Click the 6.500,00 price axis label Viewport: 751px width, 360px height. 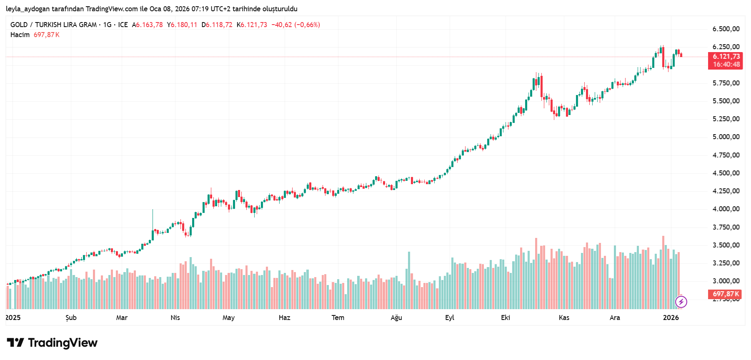tap(726, 29)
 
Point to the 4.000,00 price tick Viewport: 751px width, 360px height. tap(726, 209)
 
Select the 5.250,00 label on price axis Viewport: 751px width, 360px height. tap(726, 119)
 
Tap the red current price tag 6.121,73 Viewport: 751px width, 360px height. tap(726, 57)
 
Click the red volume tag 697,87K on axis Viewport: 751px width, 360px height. tap(725, 294)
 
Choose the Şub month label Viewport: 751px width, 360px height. tap(71, 317)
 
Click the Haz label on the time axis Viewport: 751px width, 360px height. tap(284, 317)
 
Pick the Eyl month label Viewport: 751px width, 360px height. tap(449, 317)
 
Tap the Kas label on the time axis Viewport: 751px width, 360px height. tap(563, 317)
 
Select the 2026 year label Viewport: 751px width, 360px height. tap(671, 317)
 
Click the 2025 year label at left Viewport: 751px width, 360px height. tap(13, 317)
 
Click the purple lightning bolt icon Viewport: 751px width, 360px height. tap(681, 302)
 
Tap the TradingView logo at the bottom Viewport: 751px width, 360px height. tap(52, 343)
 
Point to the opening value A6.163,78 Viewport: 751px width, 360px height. tap(148, 25)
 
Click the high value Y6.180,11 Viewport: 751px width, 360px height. tap(182, 25)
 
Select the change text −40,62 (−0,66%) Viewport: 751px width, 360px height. tap(295, 25)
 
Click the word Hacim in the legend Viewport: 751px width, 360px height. tap(20, 35)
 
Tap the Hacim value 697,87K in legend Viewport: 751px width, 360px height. tap(47, 35)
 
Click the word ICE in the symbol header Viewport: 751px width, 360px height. tap(123, 25)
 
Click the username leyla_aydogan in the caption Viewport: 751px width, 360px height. tap(28, 9)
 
